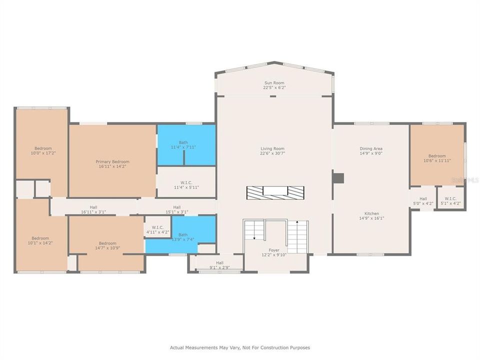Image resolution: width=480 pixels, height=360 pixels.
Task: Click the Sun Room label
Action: pos(274,82)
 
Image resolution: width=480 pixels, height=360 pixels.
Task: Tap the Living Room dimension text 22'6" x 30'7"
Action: pos(272,153)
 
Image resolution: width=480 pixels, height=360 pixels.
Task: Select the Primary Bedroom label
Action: pos(112,161)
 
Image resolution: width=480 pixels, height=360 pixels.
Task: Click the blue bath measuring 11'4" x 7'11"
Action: pos(186,145)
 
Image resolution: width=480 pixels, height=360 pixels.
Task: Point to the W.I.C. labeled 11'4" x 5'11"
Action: pos(186,182)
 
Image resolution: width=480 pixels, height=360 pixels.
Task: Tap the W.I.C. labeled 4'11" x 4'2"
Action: pos(157,227)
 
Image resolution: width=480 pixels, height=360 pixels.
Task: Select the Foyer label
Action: pos(274,250)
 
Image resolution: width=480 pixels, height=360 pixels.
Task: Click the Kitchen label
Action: pos(371,213)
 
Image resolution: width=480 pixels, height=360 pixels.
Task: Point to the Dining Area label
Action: pos(371,148)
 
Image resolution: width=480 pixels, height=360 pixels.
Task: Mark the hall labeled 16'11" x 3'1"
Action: pos(93,206)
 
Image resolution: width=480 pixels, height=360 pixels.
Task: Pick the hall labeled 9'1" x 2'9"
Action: pos(219,262)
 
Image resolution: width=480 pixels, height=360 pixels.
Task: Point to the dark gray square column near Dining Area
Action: pos(338,178)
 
